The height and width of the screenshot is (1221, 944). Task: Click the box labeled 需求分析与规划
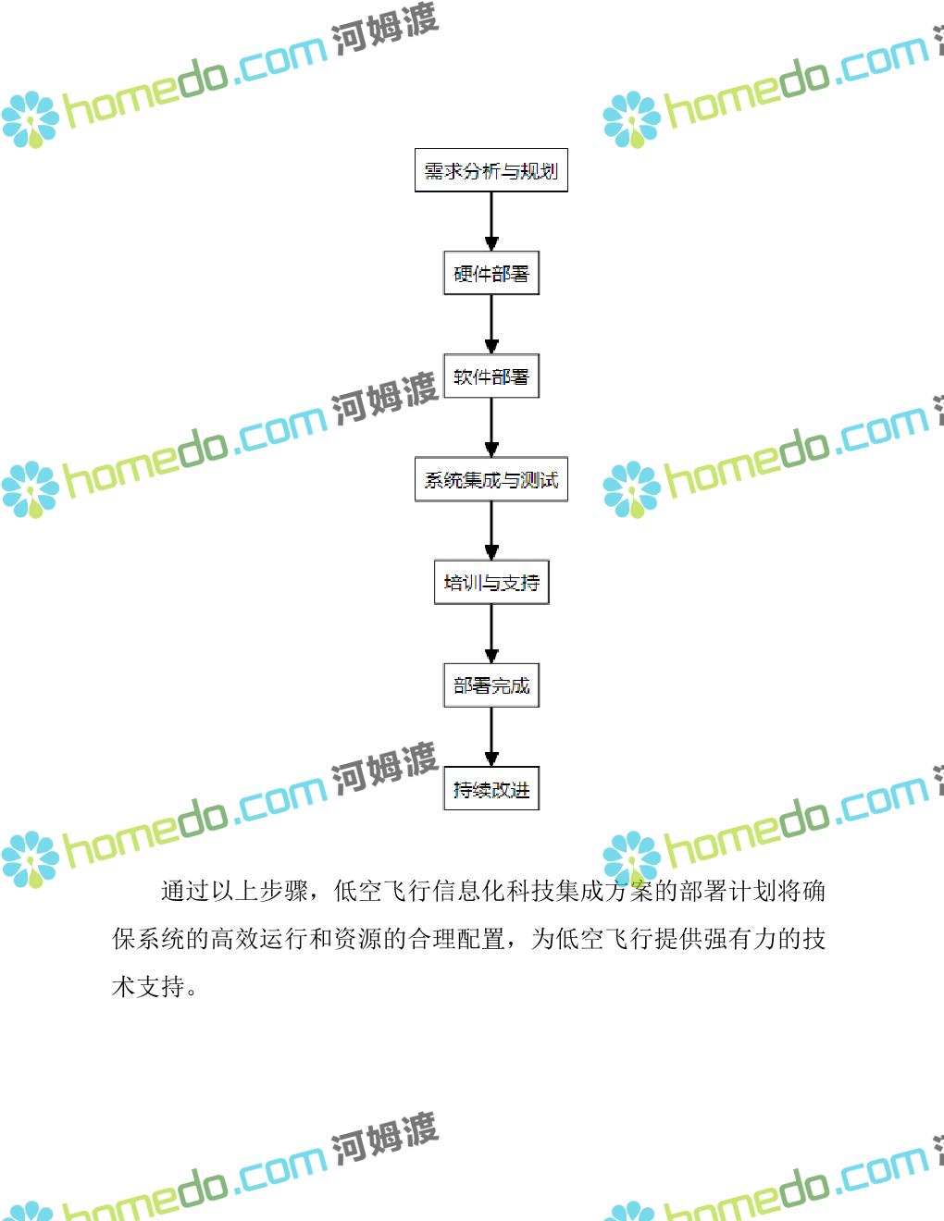point(491,171)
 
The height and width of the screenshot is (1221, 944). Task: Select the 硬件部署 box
point(491,274)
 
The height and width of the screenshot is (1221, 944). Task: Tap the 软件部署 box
point(491,376)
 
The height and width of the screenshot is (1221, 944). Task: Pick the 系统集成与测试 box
point(491,480)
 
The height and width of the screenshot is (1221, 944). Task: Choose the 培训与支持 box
point(491,583)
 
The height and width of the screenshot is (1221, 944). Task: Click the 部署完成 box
point(491,685)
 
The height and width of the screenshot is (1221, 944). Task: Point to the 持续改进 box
point(491,789)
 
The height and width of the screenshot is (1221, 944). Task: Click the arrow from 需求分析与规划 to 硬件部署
point(491,222)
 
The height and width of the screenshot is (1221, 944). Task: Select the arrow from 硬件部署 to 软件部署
point(491,325)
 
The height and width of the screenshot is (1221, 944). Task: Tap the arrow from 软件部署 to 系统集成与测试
point(491,428)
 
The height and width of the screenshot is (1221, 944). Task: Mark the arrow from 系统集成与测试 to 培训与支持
point(491,531)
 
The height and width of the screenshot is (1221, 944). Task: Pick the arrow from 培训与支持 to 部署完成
point(491,635)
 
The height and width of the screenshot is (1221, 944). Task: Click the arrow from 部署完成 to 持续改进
point(491,737)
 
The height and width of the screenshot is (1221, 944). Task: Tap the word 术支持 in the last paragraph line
point(148,987)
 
